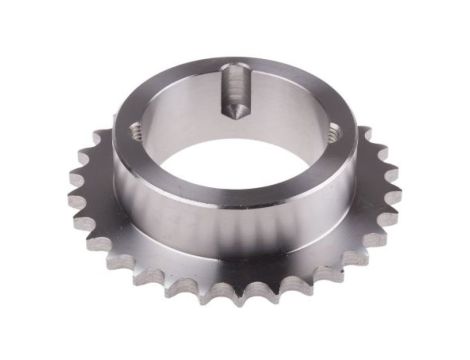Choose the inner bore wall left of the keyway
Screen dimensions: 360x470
(180, 100)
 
